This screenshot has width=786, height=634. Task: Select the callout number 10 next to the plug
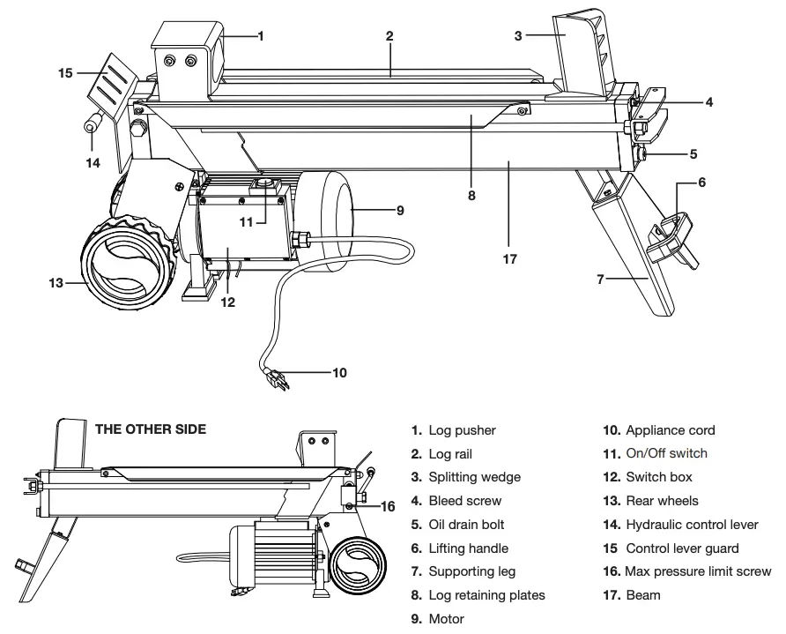(338, 373)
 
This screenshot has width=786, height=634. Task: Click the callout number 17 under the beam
(508, 259)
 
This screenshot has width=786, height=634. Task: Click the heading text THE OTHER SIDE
(150, 429)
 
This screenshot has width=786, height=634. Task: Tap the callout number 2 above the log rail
(389, 36)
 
